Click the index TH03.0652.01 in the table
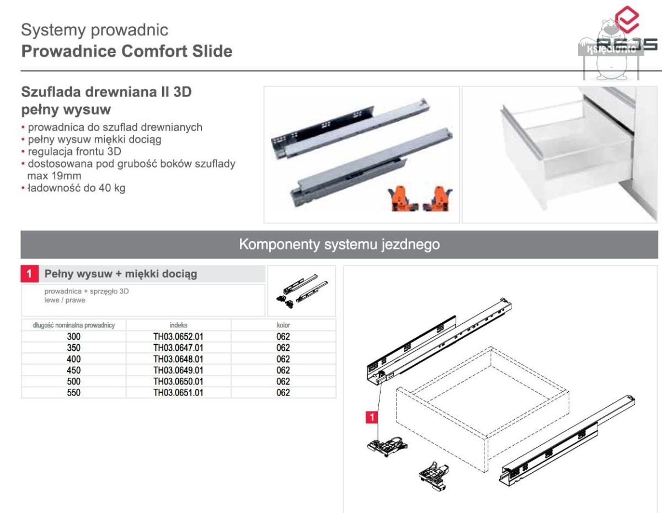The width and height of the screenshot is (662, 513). pyautogui.click(x=178, y=336)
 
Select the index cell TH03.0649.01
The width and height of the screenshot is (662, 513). pyautogui.click(x=178, y=370)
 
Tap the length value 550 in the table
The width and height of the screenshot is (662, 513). pyautogui.click(x=73, y=393)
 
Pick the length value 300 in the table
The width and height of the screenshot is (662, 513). pyautogui.click(x=73, y=336)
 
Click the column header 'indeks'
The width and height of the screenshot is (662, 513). pyautogui.click(x=178, y=325)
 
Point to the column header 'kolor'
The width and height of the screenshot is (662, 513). pyautogui.click(x=283, y=325)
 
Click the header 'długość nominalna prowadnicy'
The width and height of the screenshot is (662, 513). pyautogui.click(x=74, y=325)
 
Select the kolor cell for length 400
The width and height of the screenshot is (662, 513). pyautogui.click(x=283, y=359)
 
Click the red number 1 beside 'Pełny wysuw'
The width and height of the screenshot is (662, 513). pyautogui.click(x=30, y=274)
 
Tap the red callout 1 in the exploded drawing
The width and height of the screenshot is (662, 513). pyautogui.click(x=373, y=418)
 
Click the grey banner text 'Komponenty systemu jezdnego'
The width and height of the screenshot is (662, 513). pyautogui.click(x=339, y=244)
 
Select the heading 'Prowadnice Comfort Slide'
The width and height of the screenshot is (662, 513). pyautogui.click(x=127, y=51)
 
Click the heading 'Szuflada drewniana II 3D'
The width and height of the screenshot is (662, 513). pyautogui.click(x=106, y=92)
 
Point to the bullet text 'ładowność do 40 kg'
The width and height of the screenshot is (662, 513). pyautogui.click(x=76, y=188)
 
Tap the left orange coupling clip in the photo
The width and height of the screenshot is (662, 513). pyautogui.click(x=399, y=199)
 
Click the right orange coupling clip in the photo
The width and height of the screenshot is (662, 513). pyautogui.click(x=439, y=199)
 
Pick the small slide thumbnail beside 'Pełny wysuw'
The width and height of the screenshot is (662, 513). pyautogui.click(x=301, y=290)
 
